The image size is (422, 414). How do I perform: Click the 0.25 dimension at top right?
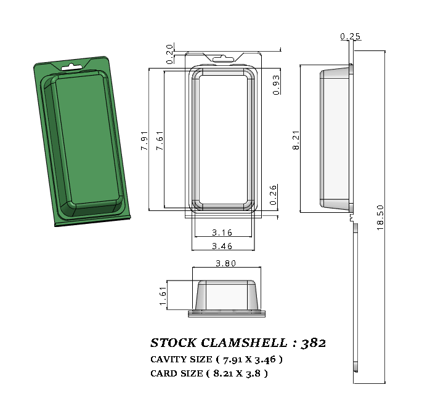click(x=350, y=37)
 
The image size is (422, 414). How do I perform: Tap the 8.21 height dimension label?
click(x=296, y=140)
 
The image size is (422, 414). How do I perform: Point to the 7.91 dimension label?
click(x=144, y=140)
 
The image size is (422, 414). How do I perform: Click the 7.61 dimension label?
click(x=160, y=140)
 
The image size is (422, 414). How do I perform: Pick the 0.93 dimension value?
click(x=276, y=84)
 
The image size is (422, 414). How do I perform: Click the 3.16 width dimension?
click(x=222, y=233)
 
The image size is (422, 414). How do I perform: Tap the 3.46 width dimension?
click(x=222, y=246)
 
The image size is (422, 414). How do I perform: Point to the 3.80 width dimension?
click(x=225, y=263)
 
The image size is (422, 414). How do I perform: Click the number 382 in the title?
click(x=314, y=343)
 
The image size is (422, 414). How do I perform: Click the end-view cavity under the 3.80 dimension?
click(x=226, y=297)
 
